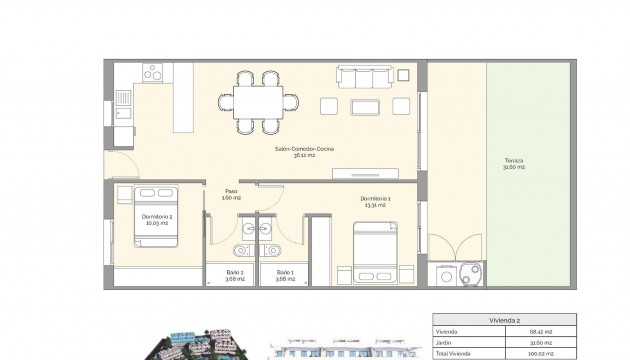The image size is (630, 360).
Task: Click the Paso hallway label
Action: pyautogui.click(x=231, y=194)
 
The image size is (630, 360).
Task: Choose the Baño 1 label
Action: pyautogui.click(x=284, y=275)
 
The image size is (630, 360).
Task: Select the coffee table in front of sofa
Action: pyautogui.click(x=363, y=106)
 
